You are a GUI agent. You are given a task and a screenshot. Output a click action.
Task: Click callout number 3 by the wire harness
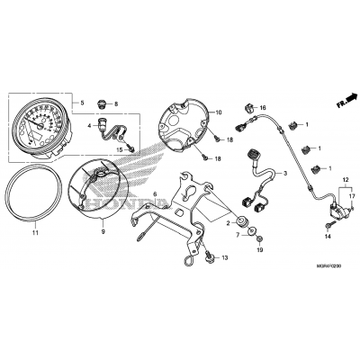click(x=284, y=173)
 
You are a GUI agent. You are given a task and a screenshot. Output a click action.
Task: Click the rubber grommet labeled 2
click(x=244, y=221)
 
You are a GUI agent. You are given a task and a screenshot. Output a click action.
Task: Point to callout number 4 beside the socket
click(x=90, y=127)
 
